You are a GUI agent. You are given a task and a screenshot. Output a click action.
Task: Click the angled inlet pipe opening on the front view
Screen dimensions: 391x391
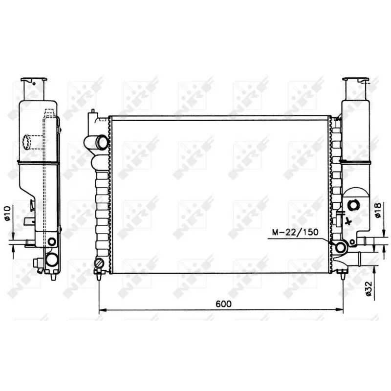(102, 143)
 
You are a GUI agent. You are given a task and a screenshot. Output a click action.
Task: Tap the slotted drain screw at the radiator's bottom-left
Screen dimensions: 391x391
(99, 265)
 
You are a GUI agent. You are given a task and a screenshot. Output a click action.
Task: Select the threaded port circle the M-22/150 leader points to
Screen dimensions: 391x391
(340, 248)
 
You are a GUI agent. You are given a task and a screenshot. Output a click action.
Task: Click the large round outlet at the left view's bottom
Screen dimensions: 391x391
(51, 259)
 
